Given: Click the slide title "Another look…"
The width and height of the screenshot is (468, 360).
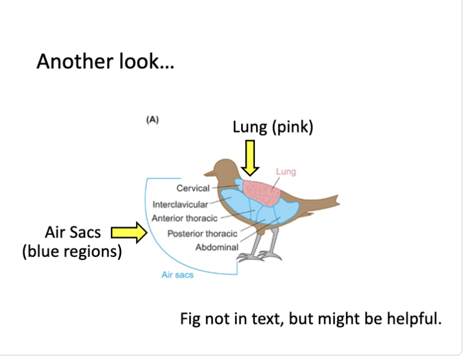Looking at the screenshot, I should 105,61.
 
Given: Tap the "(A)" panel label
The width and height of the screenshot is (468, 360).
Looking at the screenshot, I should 152,119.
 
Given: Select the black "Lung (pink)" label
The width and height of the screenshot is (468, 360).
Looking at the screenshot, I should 273,128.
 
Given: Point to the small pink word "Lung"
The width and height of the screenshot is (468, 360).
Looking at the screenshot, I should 286,172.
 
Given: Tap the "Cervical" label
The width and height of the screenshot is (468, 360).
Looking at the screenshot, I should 193,188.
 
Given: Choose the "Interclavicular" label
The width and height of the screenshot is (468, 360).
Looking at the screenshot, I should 180,204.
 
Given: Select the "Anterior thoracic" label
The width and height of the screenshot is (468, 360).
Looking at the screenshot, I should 184,218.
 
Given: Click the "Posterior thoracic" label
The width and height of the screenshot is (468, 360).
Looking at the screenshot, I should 202,233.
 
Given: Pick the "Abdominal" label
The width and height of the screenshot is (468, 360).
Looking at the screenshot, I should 217,247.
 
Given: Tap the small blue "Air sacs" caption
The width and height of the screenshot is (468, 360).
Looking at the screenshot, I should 178,275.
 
